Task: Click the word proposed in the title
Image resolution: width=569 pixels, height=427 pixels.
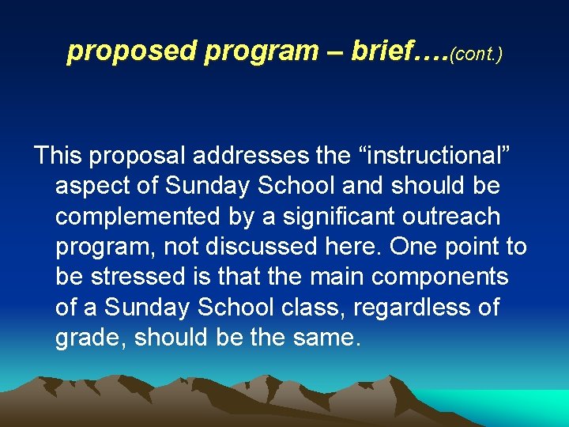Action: coord(132,51)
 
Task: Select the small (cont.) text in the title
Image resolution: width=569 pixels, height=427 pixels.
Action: coord(476,54)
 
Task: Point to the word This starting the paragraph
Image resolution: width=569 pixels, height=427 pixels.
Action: coord(58,156)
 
